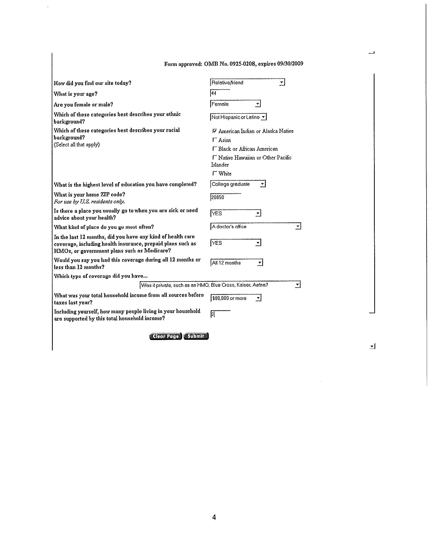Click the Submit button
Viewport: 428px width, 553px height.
196,336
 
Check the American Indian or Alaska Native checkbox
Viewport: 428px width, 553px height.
215,131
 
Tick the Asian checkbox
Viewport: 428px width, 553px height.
215,140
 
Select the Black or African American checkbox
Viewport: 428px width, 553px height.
215,149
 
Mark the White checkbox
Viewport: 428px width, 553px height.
215,173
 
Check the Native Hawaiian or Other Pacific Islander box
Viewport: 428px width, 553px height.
215,157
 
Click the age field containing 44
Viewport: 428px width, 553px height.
220,93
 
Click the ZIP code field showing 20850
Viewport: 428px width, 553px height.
225,197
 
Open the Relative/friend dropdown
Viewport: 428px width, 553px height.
247,83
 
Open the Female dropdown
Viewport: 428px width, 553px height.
235,104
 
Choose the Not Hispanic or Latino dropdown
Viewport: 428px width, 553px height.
238,117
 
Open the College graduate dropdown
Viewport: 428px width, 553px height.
238,184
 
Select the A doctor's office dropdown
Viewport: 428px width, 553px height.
255,226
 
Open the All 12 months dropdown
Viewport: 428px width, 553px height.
236,263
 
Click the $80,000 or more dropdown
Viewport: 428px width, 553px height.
235,298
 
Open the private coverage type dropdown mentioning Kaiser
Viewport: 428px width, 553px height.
220,285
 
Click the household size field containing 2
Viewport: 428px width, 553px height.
220,314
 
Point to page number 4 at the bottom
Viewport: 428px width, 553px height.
214,517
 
